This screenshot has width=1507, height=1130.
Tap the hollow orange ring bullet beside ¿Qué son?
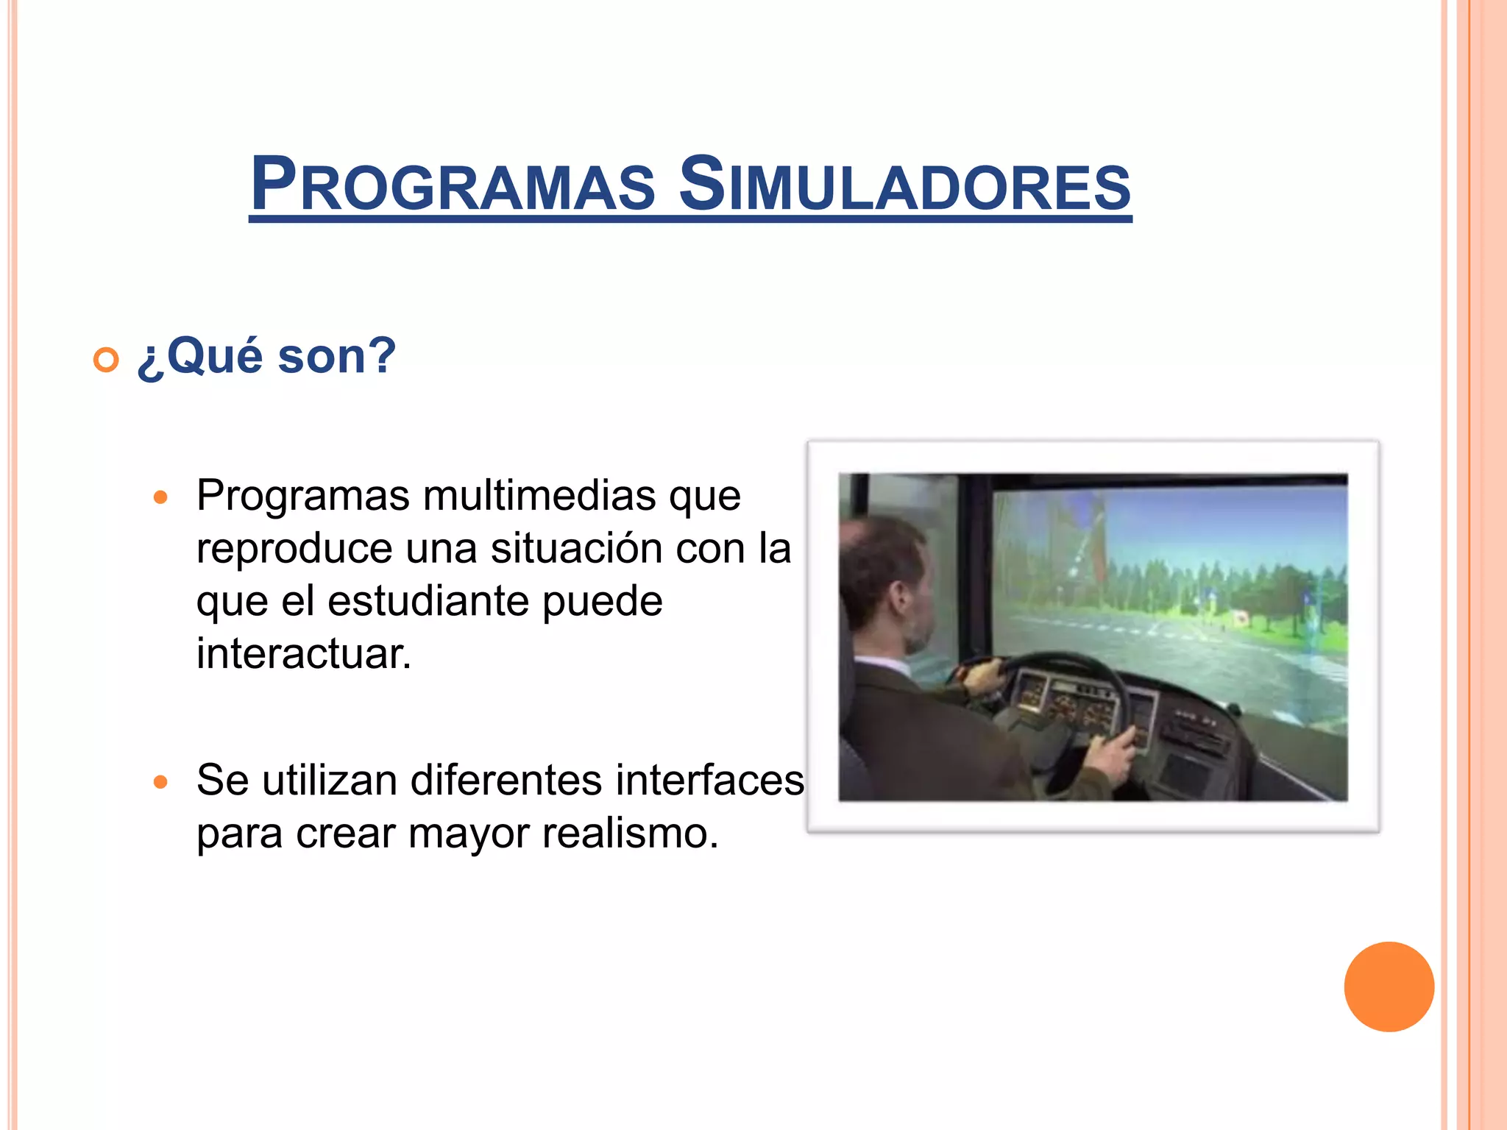point(106,360)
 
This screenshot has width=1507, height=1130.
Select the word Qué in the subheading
point(214,356)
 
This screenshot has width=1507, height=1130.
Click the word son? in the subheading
point(337,356)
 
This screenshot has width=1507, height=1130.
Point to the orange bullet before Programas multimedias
point(160,497)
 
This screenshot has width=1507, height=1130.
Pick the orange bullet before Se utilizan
point(160,781)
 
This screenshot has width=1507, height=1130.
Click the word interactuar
point(303,653)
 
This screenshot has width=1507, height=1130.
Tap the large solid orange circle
point(1389,987)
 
